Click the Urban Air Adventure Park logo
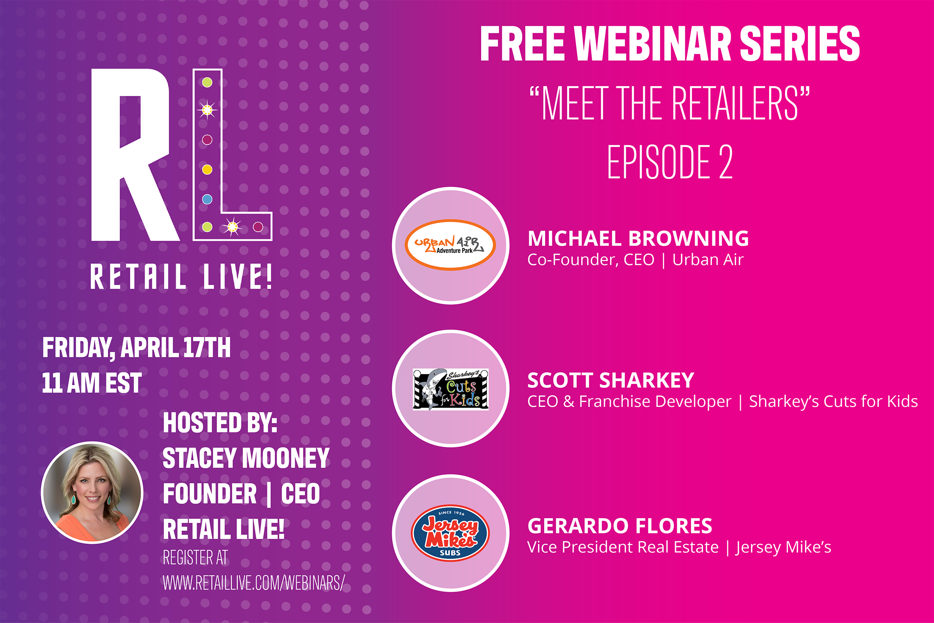point(450,245)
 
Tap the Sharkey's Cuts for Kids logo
point(450,389)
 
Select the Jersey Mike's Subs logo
point(450,533)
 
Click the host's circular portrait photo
point(92,493)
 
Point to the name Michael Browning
point(638,239)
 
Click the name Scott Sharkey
point(611,381)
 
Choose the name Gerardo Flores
point(620,526)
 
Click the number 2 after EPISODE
point(726,161)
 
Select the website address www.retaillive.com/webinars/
point(254,583)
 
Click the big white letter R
point(135,155)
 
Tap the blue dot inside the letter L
point(207,199)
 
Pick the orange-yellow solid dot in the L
point(207,169)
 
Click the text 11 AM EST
point(92,383)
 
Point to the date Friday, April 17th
point(136,348)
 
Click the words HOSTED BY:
point(220,423)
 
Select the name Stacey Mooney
point(246,458)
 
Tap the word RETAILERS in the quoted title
point(735,103)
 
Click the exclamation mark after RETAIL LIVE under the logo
point(268,276)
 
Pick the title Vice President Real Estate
point(623,547)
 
